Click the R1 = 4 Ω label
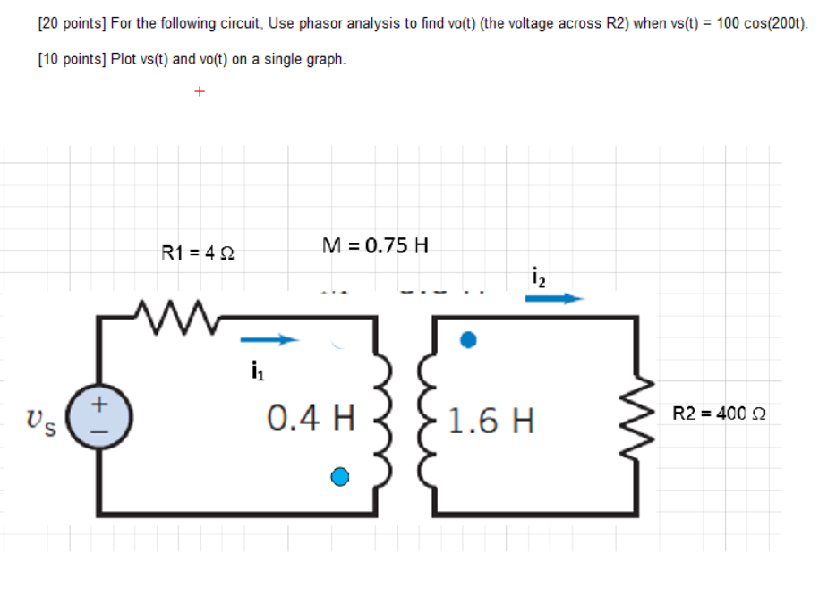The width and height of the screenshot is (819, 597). pyautogui.click(x=197, y=252)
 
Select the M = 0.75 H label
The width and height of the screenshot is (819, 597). pyautogui.click(x=374, y=243)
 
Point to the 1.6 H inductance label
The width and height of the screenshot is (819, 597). pyautogui.click(x=491, y=420)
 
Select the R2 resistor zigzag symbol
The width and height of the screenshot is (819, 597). pyautogui.click(x=637, y=416)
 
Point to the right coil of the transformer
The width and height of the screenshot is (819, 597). pyautogui.click(x=422, y=417)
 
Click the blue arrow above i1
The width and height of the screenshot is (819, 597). pyautogui.click(x=267, y=340)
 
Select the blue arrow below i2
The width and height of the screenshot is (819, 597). pyautogui.click(x=554, y=300)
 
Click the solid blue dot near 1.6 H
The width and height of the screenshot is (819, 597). pyautogui.click(x=467, y=340)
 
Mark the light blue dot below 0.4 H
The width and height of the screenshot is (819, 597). pyautogui.click(x=339, y=477)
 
